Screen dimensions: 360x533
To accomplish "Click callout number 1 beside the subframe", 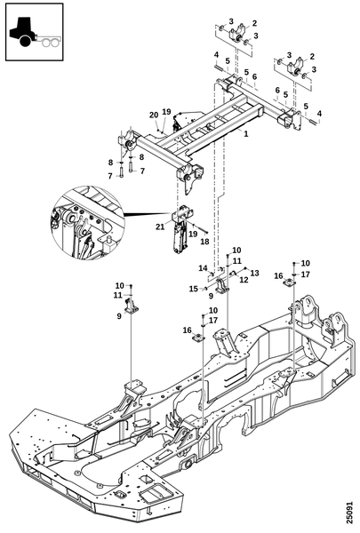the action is pos(246,134).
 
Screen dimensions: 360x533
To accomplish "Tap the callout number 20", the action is pos(154,115).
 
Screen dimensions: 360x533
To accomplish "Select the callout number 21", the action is pos(160,227).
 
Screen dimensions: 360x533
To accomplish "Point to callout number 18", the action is pos(204,242).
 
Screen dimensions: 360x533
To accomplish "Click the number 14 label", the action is pos(204,268).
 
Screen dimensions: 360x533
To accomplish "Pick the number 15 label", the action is pos(194,289).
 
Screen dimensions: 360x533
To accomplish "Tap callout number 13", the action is pos(254,273).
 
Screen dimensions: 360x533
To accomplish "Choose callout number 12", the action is pos(244,280).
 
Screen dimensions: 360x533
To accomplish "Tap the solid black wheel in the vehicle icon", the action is pos(25,41).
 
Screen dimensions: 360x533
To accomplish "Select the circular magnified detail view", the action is pos(87,221).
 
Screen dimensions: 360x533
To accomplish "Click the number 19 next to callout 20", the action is pos(166,112).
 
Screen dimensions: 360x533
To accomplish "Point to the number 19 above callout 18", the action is pos(193,234).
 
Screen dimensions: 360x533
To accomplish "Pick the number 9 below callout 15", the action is pos(211,296).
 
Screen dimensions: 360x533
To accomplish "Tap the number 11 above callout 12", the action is pos(237,261).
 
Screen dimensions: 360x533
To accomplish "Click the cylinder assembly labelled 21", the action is pos(180,233).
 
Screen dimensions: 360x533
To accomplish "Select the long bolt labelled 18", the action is pos(201,230).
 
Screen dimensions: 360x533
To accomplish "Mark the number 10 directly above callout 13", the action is pos(236,251).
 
